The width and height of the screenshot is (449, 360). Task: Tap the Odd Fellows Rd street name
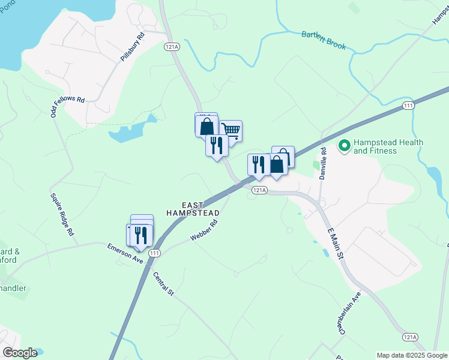click(x=67, y=104)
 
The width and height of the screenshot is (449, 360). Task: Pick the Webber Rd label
click(x=203, y=230)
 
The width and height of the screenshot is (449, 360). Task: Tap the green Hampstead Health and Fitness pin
click(x=345, y=146)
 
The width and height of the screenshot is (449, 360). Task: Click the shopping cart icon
click(x=231, y=130)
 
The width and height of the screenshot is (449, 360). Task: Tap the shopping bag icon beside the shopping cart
click(x=206, y=125)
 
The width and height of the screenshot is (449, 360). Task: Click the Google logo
click(x=20, y=352)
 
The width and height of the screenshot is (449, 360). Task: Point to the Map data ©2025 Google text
click(x=412, y=355)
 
